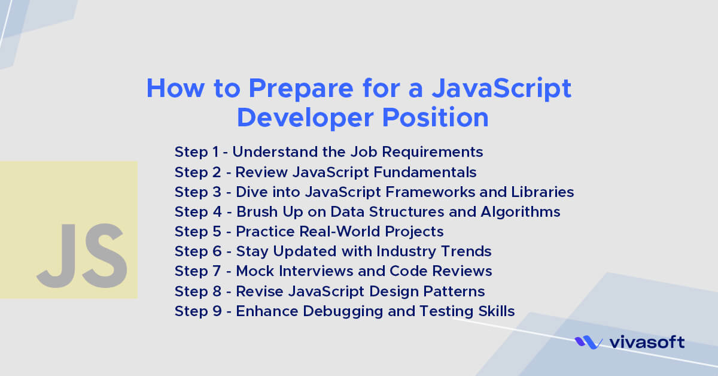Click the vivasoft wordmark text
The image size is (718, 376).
click(647, 342)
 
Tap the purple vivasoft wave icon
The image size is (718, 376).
click(588, 342)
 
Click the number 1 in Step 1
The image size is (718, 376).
click(215, 152)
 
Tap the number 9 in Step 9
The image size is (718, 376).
click(216, 311)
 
